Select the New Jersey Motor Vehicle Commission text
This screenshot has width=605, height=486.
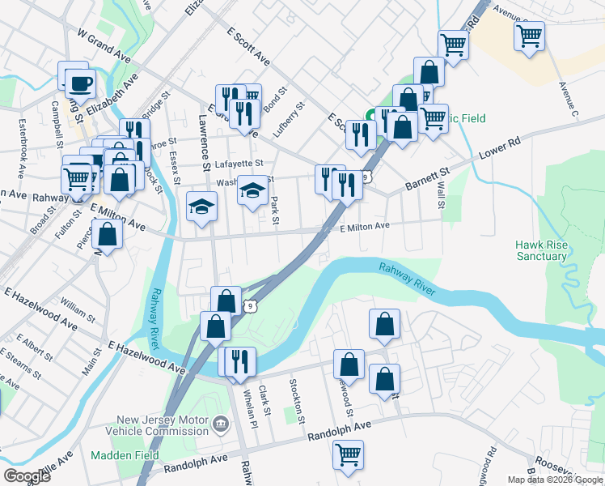(163, 425)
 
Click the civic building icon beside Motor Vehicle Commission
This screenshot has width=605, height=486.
(219, 424)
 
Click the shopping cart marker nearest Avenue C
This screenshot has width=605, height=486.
(529, 35)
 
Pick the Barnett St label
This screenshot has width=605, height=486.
(427, 179)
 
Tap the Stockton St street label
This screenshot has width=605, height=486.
(298, 400)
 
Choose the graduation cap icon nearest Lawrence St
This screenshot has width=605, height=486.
(201, 207)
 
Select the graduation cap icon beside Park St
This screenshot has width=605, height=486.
(252, 191)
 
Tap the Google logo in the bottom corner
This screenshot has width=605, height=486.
(27, 476)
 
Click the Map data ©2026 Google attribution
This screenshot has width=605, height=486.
(555, 480)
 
